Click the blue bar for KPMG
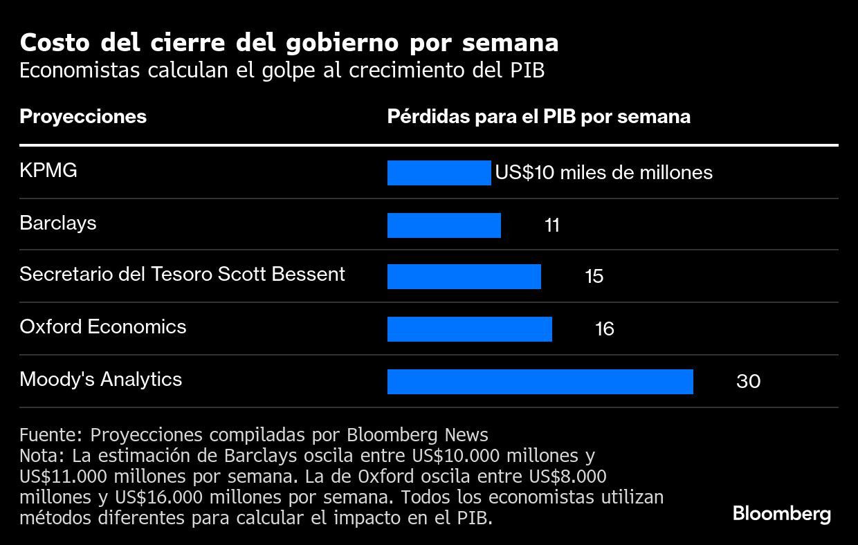(x=439, y=173)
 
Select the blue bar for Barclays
(x=444, y=225)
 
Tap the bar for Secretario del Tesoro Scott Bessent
(x=464, y=277)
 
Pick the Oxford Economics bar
(x=469, y=329)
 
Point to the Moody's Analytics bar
(x=540, y=382)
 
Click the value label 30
(x=748, y=382)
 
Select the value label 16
(x=604, y=329)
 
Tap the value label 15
(x=594, y=277)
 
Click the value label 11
(x=551, y=225)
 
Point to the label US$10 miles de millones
(x=603, y=173)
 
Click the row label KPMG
(x=48, y=171)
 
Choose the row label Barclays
(x=58, y=223)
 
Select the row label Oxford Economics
(x=103, y=326)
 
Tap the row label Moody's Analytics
(x=101, y=379)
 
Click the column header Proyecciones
(x=83, y=116)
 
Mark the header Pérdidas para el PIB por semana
(x=538, y=116)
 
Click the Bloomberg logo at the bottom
(x=781, y=514)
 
